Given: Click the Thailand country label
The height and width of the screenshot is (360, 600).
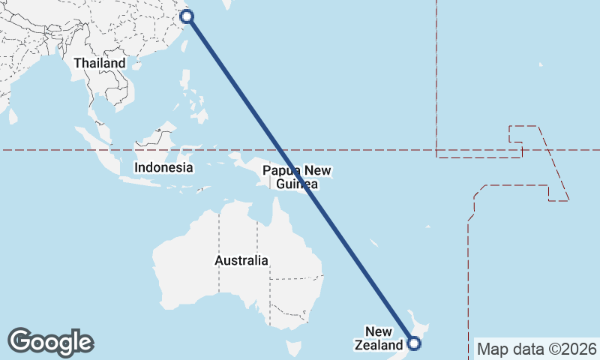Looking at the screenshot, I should coord(99,64).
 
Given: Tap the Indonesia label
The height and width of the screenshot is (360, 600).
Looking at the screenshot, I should coord(163,167).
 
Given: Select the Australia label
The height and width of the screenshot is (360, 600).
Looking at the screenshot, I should coord(241,261).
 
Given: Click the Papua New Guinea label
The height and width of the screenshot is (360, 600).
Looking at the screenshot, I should coord(297,178).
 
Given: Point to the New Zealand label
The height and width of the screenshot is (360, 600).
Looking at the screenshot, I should coord(383,338).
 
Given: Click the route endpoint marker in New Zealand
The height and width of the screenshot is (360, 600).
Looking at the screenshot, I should coord(415,344).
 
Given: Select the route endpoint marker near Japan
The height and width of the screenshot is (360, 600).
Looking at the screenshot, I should coord(187,16).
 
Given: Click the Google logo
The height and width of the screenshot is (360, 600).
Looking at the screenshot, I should coord(50,342).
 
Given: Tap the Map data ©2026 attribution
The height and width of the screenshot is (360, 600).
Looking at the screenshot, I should coord(537,349).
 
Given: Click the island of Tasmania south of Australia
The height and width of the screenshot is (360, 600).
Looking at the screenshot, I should coord(293,349).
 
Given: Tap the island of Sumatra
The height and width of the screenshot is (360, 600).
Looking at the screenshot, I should coord(97,146).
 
